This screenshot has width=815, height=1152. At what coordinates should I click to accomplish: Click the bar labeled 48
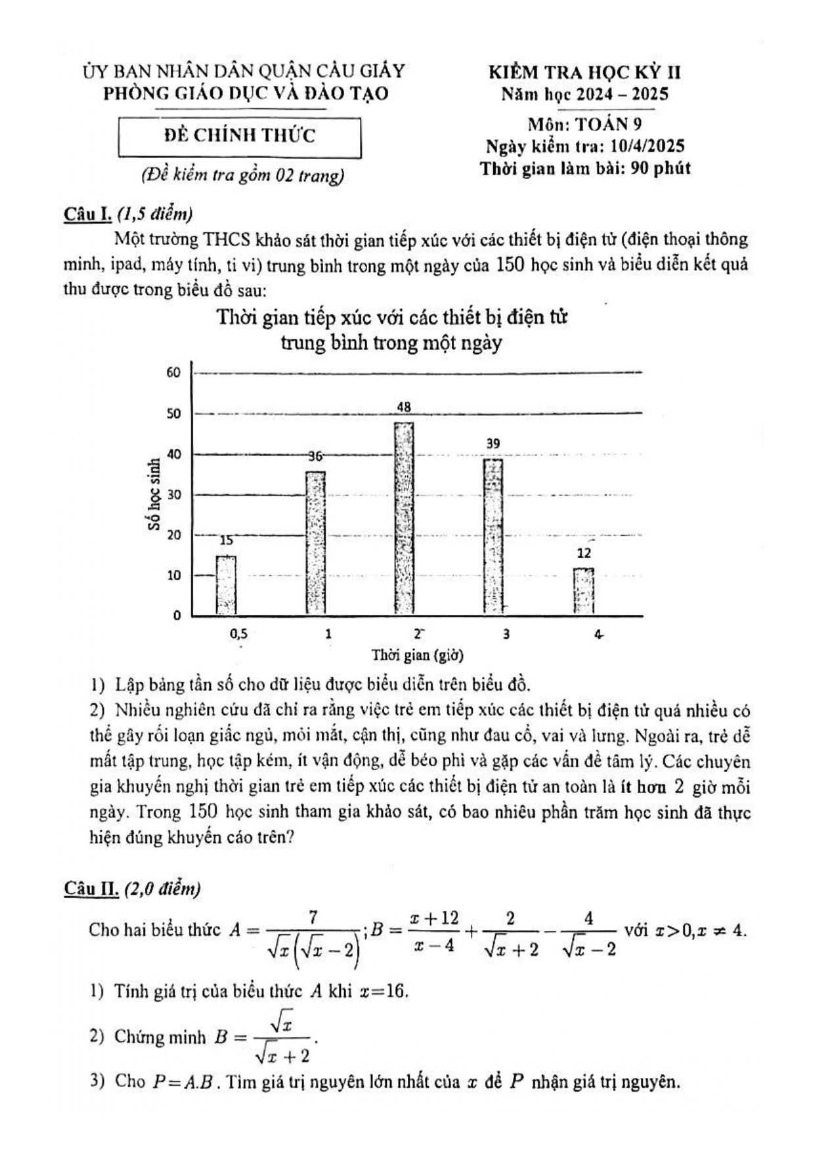(x=404, y=519)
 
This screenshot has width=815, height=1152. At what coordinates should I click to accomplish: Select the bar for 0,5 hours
(x=226, y=586)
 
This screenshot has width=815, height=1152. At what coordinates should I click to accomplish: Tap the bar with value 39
(x=493, y=537)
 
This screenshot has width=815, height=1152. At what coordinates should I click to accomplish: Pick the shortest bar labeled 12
(x=583, y=591)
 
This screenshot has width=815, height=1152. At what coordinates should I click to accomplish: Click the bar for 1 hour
(x=316, y=544)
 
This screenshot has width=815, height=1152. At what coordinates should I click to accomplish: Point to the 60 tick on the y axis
(x=173, y=373)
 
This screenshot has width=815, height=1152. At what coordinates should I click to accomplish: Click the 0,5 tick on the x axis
(x=238, y=634)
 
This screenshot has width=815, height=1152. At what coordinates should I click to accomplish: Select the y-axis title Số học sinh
(x=154, y=494)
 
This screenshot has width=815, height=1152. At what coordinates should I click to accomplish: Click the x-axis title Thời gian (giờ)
(x=418, y=655)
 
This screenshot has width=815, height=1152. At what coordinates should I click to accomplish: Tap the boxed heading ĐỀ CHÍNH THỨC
(x=240, y=136)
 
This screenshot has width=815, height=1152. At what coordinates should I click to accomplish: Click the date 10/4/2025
(x=647, y=146)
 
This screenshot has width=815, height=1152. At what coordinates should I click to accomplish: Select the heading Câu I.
(x=88, y=214)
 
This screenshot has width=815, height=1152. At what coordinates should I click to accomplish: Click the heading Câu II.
(x=91, y=889)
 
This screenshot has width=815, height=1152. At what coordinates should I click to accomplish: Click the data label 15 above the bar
(x=226, y=541)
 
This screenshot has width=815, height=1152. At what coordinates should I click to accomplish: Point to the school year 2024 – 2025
(x=622, y=94)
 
